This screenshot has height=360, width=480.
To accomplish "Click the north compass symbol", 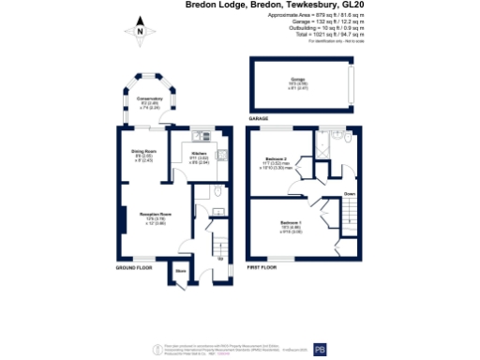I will [x=140, y=32].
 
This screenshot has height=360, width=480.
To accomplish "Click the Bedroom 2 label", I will [x=276, y=159].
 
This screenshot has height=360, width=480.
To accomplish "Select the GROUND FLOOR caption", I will [x=134, y=268].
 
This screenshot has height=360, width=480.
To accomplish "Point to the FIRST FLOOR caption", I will [x=264, y=268].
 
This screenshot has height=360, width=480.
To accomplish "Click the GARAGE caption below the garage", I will [x=259, y=120].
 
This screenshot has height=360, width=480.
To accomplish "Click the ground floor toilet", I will [x=217, y=191].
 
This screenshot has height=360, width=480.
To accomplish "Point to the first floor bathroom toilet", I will [x=347, y=137].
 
